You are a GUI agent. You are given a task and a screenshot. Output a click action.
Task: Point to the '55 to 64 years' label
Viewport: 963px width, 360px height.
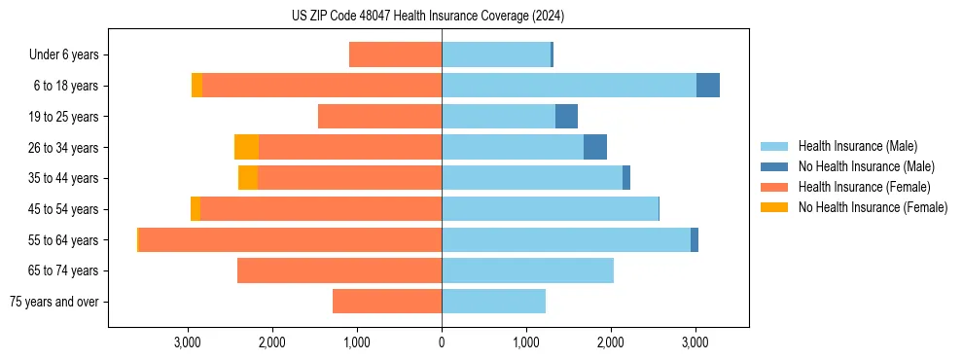coord(63,240)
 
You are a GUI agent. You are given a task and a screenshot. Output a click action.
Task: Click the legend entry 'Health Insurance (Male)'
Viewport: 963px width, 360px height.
coord(857,146)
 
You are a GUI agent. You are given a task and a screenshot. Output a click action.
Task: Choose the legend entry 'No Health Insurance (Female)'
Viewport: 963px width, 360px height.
coord(873,207)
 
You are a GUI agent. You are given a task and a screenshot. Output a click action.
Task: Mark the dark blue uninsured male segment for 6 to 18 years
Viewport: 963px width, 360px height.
coord(708,86)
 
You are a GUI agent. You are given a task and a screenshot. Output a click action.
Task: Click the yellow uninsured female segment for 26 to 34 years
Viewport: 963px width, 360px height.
coord(247,147)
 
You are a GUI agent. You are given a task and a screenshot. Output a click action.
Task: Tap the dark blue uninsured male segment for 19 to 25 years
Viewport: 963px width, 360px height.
coord(566,117)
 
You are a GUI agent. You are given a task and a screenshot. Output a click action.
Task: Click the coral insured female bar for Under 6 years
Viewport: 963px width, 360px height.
coord(395,55)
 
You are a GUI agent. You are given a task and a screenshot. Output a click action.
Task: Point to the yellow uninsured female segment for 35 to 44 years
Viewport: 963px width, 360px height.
coord(248,178)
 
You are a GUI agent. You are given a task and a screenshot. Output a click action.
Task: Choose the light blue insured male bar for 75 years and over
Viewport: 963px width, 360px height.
coord(493,302)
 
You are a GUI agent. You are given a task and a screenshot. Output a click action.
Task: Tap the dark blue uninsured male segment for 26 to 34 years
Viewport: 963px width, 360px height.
coord(595,147)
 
